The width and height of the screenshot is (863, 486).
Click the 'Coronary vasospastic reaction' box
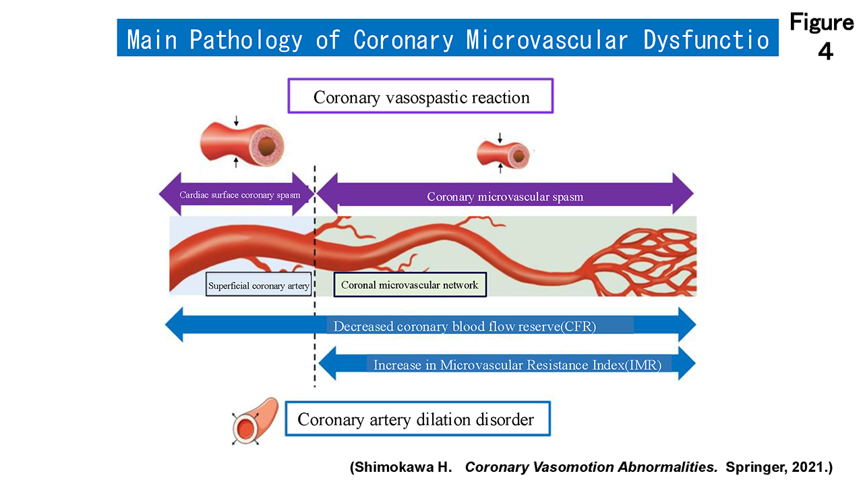[x=421, y=97]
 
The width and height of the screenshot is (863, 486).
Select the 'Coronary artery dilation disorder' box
[x=417, y=420]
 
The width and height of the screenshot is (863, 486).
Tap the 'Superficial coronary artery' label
[x=258, y=286]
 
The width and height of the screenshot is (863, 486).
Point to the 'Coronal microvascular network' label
[x=410, y=285]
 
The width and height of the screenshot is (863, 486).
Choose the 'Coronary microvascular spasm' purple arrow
[x=504, y=196]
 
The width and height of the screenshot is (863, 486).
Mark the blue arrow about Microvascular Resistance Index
[x=506, y=364]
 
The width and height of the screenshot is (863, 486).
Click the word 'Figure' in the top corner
[x=821, y=22]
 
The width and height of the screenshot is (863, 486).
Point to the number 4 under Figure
[x=825, y=51]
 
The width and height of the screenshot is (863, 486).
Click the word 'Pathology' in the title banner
[x=245, y=40]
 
